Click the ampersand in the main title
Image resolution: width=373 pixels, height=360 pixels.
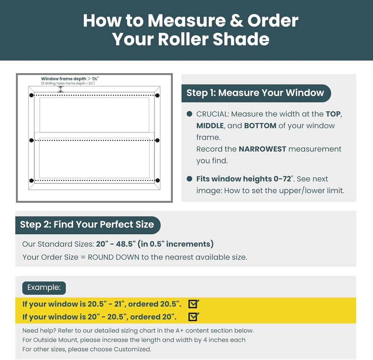[x=236, y=21]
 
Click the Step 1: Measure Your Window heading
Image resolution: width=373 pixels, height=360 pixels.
[x=255, y=93]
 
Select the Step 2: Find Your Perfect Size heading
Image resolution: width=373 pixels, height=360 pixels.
[x=87, y=225]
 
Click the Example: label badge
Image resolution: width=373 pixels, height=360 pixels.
[x=44, y=288]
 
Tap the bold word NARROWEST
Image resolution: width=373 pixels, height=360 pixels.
[x=262, y=149]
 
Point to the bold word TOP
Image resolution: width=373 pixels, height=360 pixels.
[x=333, y=114]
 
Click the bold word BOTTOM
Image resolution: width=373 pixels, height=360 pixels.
[x=260, y=126]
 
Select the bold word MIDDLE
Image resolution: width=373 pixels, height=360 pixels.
[x=210, y=126]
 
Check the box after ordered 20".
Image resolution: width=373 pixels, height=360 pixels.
[x=193, y=317]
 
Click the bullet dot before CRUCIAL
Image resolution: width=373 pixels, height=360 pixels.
[x=189, y=114]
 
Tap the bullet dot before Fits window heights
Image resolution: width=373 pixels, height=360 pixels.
[x=189, y=179]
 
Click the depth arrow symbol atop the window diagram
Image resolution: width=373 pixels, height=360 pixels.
[x=61, y=89]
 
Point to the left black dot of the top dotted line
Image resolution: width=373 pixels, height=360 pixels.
[x=31, y=96]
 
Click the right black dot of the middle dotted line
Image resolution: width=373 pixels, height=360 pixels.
[x=157, y=140]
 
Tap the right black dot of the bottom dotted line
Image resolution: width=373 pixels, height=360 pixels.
[x=158, y=180]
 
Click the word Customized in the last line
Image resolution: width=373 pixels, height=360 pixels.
[x=132, y=349]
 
